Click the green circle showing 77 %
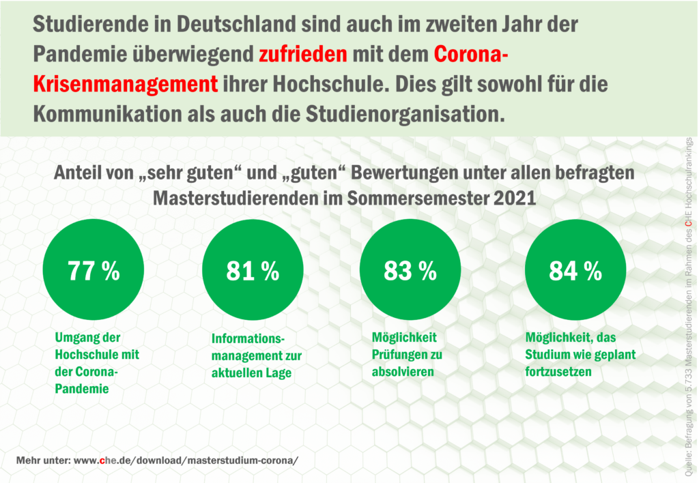[x=94, y=271]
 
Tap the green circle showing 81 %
[x=253, y=271]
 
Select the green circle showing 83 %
[x=410, y=271]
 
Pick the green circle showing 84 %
[x=575, y=271]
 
